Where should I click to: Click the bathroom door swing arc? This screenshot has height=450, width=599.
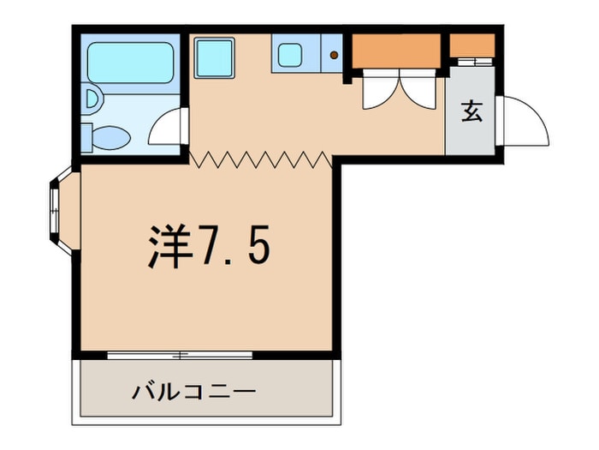pyautogui.click(x=167, y=129)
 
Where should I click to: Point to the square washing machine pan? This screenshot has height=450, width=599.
pyautogui.click(x=214, y=58)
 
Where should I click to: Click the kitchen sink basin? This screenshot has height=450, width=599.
pyautogui.click(x=288, y=57)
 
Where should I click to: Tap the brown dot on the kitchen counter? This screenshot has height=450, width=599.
pyautogui.click(x=334, y=57)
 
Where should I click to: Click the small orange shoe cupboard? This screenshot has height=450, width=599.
pyautogui.click(x=472, y=45)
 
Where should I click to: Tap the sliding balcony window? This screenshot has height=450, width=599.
pyautogui.click(x=180, y=354)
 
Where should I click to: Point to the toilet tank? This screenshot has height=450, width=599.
pyautogui.click(x=86, y=135)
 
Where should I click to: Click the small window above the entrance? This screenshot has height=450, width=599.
pyautogui.click(x=472, y=62)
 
